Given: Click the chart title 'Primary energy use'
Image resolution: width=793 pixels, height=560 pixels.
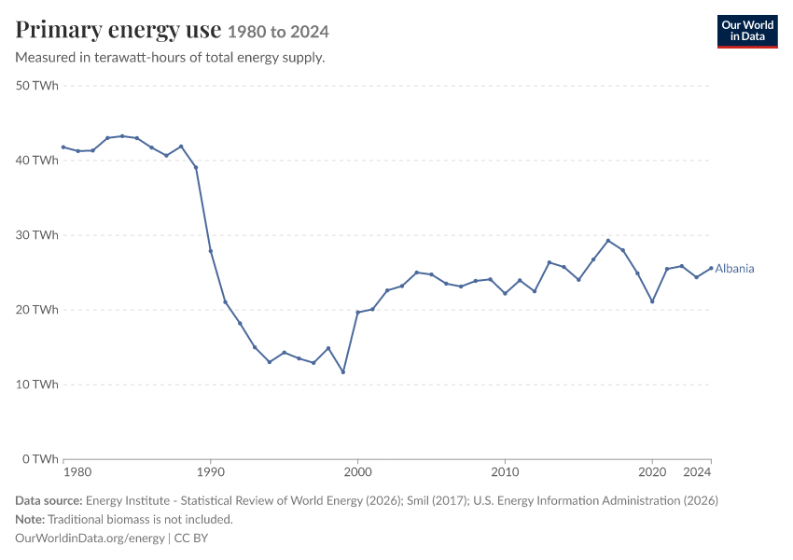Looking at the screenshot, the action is [118, 30].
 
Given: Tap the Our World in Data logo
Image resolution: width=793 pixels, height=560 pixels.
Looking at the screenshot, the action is [747, 32].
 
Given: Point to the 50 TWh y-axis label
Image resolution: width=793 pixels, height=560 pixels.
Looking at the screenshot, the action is [37, 86].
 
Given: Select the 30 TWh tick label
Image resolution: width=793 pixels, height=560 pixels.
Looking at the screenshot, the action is [37, 234].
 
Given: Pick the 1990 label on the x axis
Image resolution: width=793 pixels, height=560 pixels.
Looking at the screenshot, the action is [211, 472].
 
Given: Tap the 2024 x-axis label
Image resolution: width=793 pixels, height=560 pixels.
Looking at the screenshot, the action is [697, 472].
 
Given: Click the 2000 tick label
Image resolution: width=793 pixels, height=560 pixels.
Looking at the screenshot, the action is [357, 472].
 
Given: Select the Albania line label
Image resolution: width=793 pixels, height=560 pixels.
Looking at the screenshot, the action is [734, 269].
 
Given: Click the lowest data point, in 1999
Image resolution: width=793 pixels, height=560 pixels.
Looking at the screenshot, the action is [343, 371].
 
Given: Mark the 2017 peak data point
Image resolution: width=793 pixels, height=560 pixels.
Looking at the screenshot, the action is [608, 241].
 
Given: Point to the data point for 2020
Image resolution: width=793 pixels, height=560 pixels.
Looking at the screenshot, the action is [652, 301].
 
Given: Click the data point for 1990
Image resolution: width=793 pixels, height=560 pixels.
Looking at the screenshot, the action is [211, 251].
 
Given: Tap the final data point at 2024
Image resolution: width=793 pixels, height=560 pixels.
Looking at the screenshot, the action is [711, 268].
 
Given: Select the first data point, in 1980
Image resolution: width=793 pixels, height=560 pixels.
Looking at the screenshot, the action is [63, 147].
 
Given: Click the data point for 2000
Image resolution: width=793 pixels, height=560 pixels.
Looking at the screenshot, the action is [357, 312].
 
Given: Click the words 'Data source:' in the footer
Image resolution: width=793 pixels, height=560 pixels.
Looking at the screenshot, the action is [49, 500].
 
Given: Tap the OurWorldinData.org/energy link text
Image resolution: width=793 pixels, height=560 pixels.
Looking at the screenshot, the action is [90, 538].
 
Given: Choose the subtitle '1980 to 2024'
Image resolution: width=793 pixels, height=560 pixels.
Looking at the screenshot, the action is [278, 32].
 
